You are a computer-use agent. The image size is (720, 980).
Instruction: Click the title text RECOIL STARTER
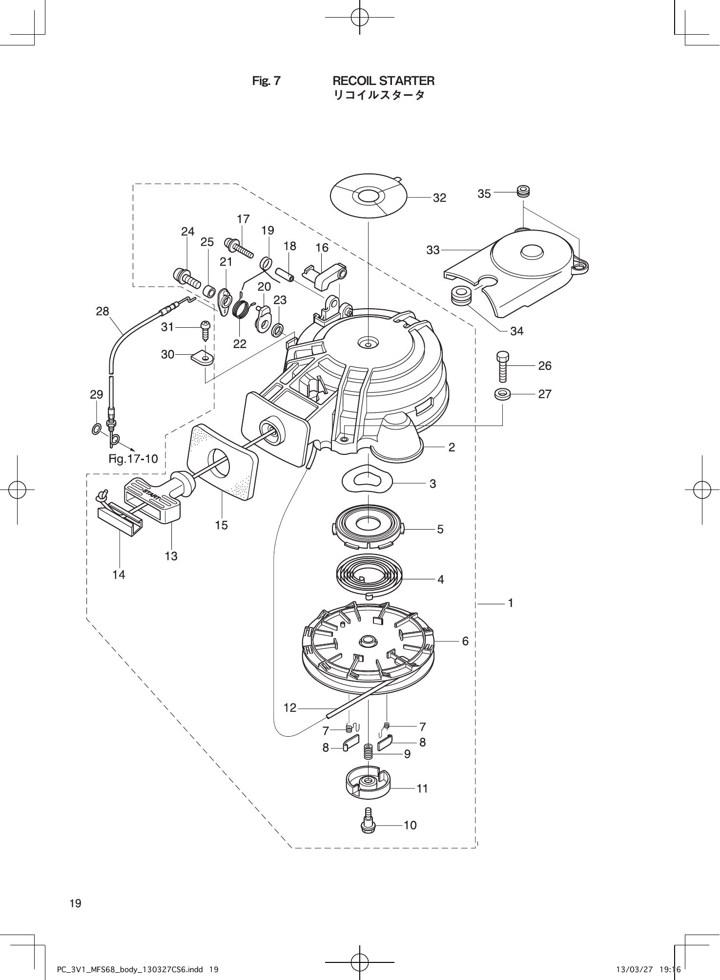(x=383, y=81)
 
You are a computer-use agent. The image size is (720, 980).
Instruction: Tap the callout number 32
(x=439, y=198)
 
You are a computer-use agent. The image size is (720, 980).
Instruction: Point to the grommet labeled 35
(x=524, y=191)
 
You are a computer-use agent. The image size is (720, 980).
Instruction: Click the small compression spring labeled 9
(x=369, y=751)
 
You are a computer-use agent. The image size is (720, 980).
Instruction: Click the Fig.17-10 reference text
(x=133, y=459)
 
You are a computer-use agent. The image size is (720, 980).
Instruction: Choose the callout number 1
(x=510, y=603)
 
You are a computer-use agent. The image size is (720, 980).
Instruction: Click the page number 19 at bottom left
(x=75, y=903)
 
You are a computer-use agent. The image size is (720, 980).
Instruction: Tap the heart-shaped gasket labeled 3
(x=367, y=480)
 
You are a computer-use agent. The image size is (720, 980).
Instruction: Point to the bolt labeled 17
(x=240, y=246)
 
